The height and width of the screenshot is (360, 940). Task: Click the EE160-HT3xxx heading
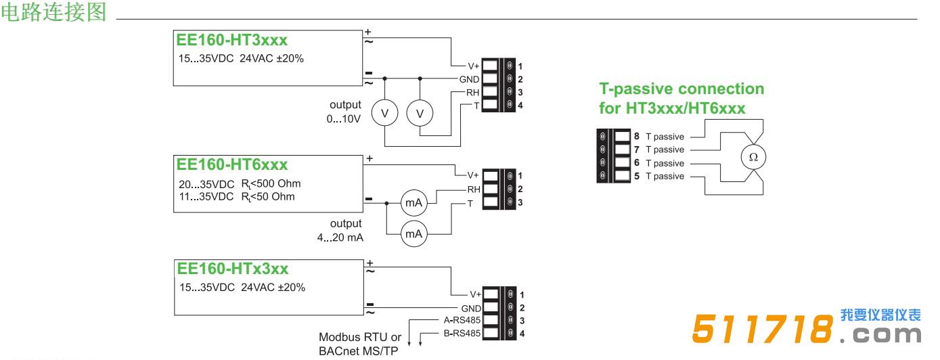[x=231, y=39]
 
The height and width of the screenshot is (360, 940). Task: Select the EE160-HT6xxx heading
[x=231, y=164]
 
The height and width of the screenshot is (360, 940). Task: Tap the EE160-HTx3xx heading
[x=232, y=268]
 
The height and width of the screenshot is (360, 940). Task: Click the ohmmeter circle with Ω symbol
[x=753, y=157]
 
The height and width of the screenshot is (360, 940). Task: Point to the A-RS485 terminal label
[x=462, y=319]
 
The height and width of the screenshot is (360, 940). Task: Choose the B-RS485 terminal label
[x=462, y=333]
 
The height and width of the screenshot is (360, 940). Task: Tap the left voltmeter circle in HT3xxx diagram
[x=385, y=114]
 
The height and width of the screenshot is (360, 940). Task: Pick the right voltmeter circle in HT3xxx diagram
[x=420, y=114]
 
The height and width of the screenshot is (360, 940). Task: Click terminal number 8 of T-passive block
[x=637, y=136]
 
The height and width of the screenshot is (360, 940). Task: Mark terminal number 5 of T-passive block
[x=637, y=176]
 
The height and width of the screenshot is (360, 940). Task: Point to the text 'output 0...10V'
[x=345, y=112]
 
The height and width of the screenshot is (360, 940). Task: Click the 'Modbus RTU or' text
[x=360, y=337]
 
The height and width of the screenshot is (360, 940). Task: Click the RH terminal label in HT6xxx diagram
[x=473, y=189]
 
